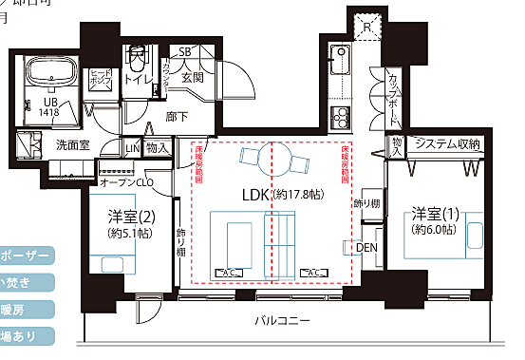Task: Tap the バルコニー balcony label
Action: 282,321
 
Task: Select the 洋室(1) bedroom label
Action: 438,213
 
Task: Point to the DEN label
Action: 366,249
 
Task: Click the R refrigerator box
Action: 367,28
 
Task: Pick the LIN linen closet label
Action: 132,147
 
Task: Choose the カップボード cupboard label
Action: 393,100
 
